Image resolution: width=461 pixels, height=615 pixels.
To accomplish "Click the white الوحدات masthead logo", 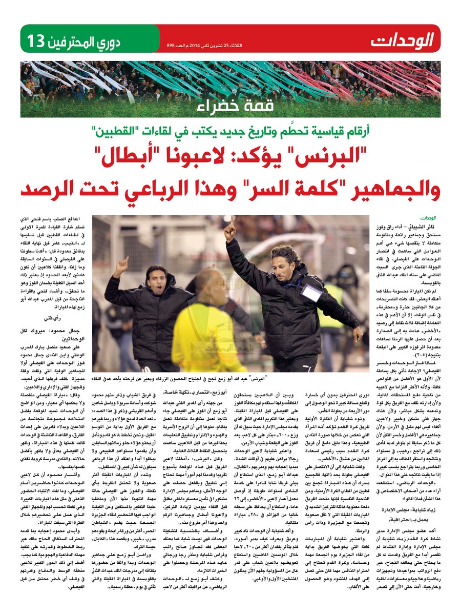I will coord(403,39).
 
